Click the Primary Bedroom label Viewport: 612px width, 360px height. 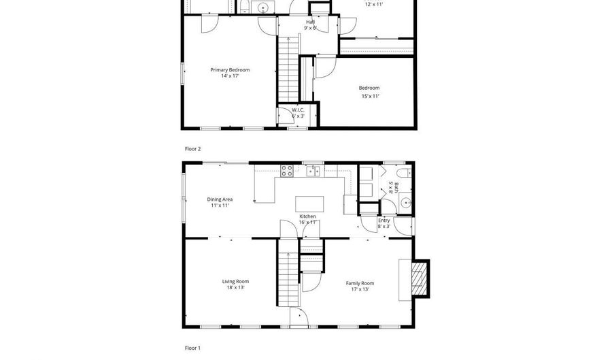tap(229, 69)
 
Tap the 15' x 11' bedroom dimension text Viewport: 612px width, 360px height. tap(369, 96)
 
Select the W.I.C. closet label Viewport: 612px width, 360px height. tap(297, 110)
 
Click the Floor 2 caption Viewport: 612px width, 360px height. tap(193, 148)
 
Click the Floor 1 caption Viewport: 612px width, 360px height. tap(193, 348)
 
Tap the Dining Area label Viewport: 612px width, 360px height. tap(220, 199)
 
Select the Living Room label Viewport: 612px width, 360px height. tap(235, 281)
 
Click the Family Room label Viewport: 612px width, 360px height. tap(360, 283)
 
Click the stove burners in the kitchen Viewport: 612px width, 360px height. tap(287, 170)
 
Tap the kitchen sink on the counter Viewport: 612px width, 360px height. tap(313, 171)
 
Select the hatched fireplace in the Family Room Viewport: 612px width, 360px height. tap(422, 279)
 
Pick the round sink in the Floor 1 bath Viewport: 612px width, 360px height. tap(405, 202)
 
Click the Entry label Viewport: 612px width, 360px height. tap(384, 220)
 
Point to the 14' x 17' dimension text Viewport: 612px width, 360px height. tap(229, 76)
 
